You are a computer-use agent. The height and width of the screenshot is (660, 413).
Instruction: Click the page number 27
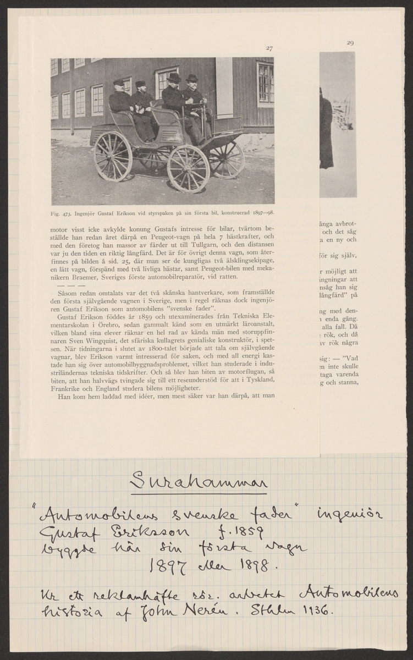coord(269,49)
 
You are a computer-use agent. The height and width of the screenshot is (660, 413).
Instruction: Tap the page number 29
coord(350,43)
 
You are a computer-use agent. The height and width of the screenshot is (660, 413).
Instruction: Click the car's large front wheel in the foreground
coord(188,168)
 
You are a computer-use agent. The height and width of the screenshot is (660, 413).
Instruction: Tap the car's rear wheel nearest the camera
coord(113,156)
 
